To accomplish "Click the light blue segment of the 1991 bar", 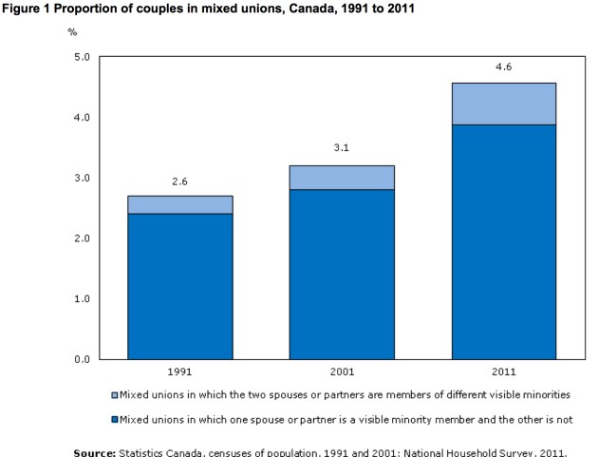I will pyautogui.click(x=179, y=204).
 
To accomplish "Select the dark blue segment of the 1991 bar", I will pyautogui.click(x=179, y=286).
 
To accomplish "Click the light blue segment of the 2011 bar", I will pyautogui.click(x=502, y=104).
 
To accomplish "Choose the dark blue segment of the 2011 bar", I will pyautogui.click(x=502, y=241).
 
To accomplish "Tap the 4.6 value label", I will pyautogui.click(x=502, y=67).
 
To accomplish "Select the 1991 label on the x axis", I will pyautogui.click(x=179, y=371).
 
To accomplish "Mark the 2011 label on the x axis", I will pyautogui.click(x=502, y=371).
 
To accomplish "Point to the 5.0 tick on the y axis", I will pyautogui.click(x=82, y=57).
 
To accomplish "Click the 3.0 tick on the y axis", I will pyautogui.click(x=82, y=178).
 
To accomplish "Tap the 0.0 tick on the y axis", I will pyautogui.click(x=82, y=359).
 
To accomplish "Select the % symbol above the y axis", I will pyautogui.click(x=72, y=31).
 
